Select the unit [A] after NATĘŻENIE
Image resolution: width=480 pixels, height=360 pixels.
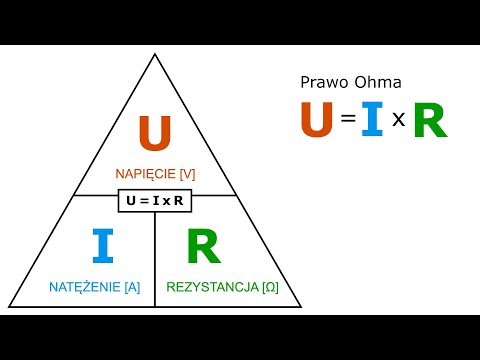[131, 287]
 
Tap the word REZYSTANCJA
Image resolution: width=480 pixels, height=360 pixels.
[212, 287]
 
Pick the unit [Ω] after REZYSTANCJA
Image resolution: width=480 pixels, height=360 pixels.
[269, 287]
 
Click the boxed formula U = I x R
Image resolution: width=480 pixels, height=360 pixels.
[155, 201]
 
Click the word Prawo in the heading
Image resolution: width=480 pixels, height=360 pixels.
[323, 83]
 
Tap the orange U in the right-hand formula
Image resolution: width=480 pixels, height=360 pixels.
[318, 120]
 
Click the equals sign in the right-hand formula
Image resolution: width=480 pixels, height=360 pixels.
[348, 121]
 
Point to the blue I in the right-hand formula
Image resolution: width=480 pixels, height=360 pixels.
[372, 120]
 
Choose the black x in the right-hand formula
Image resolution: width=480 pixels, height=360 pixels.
[397, 123]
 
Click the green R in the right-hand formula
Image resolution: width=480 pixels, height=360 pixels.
[429, 121]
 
